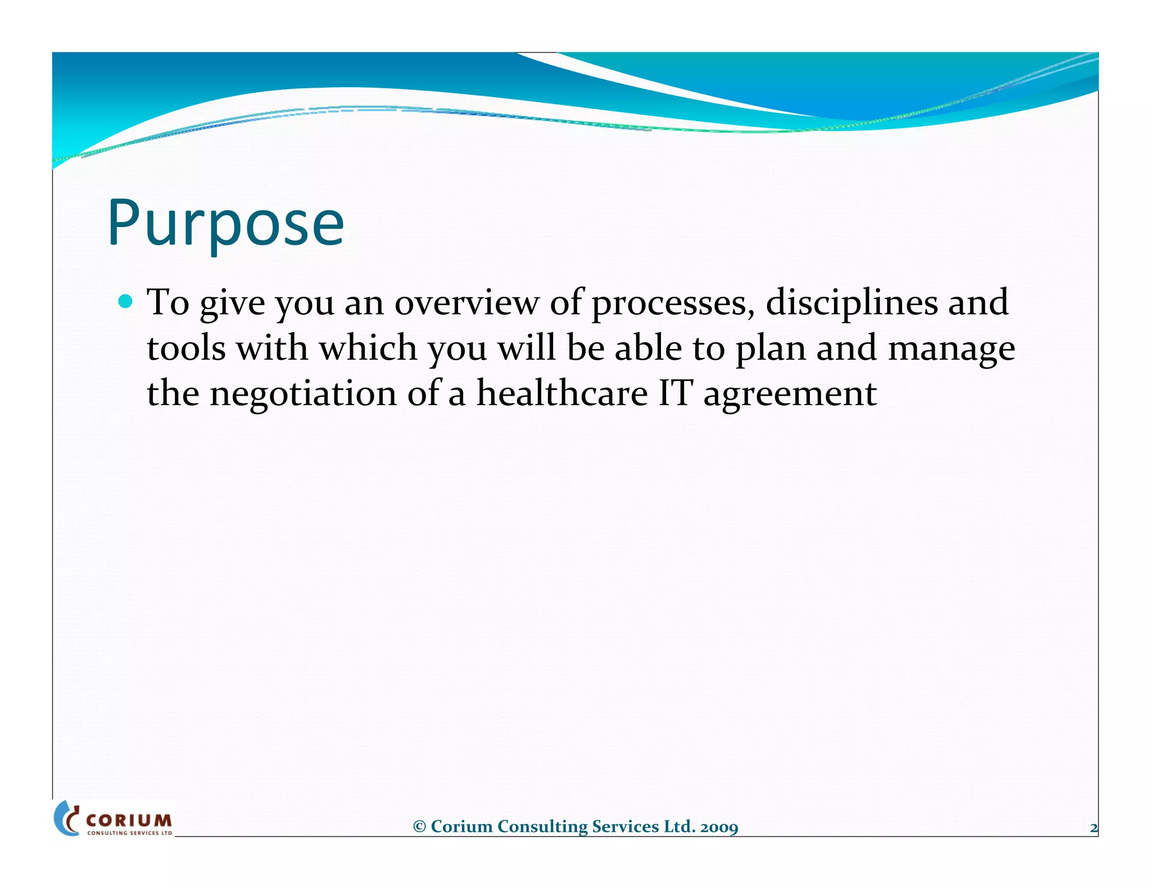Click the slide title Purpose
[225, 223]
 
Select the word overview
[466, 303]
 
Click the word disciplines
[851, 303]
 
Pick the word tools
[186, 348]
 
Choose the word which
[368, 348]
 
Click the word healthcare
[562, 393]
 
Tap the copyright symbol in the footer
[419, 827]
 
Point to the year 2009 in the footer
[719, 827]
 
